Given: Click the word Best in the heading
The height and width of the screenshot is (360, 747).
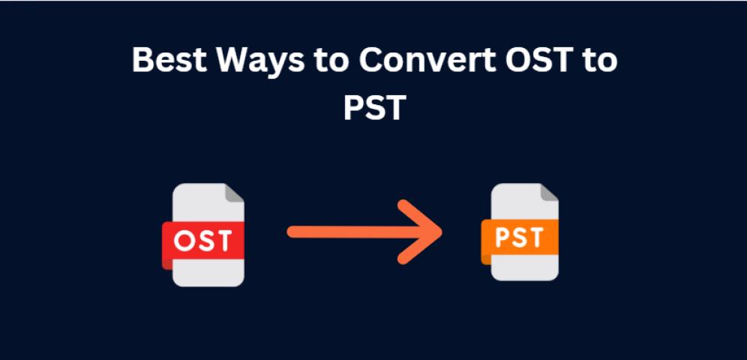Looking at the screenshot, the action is coord(169,61).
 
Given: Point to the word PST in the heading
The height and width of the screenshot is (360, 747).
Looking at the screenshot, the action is coord(374,107).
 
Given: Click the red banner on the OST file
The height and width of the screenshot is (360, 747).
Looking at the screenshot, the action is coord(203,241).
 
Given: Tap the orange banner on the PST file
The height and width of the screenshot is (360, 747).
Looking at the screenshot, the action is coord(520,238).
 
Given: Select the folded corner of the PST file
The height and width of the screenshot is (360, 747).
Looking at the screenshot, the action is coord(549,192).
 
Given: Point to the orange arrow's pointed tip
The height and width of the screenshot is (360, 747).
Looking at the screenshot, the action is coord(442,232).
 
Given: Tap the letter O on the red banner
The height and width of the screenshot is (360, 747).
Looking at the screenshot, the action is coord(183,241).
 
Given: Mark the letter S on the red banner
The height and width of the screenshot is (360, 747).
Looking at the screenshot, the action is coord(204,241).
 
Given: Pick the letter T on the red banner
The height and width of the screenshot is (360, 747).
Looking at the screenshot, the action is coord(223,241).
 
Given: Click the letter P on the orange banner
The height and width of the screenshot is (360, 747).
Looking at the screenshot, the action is coord(502,238).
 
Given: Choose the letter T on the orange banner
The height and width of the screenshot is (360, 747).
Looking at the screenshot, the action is coord(535,238).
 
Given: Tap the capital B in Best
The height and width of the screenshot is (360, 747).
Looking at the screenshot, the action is coord(142,61).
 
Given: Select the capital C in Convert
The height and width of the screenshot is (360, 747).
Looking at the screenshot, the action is coord(370,61).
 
